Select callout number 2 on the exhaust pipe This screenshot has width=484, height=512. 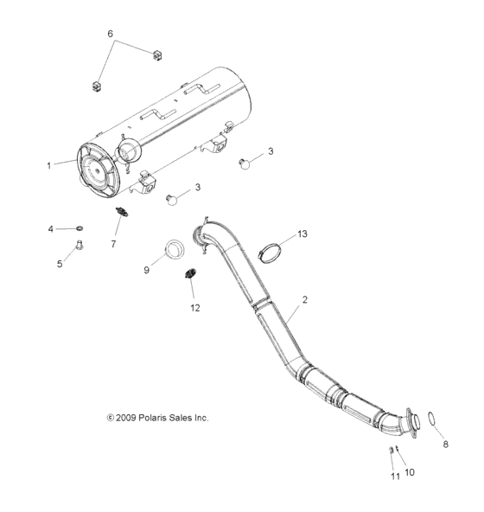tap(303, 301)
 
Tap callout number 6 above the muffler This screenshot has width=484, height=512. tap(110, 34)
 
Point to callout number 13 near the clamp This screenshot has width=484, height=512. tap(302, 234)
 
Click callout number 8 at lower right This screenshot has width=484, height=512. tap(446, 445)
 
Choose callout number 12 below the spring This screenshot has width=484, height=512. tap(194, 307)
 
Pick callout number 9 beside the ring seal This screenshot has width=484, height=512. tap(147, 271)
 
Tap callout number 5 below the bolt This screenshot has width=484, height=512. tap(60, 265)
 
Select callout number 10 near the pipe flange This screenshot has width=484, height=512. tap(410, 473)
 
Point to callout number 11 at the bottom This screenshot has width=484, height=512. tap(394, 477)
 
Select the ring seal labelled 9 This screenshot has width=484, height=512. tap(175, 252)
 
